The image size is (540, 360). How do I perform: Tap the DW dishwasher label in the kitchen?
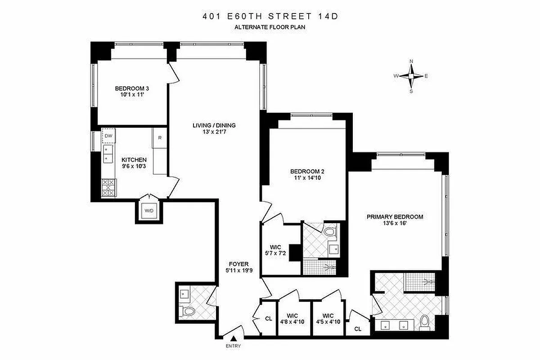tap(108, 135)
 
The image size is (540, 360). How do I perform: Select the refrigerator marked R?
tap(160, 138)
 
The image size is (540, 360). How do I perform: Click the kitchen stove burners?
tap(108, 187)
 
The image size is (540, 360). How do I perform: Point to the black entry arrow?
tap(234, 338)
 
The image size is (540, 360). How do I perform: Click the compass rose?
tap(411, 76)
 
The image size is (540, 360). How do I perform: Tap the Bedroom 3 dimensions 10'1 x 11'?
tap(132, 95)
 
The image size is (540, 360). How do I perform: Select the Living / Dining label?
tap(214, 126)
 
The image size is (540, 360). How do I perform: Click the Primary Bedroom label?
tap(395, 217)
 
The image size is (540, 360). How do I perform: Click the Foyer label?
tap(238, 264)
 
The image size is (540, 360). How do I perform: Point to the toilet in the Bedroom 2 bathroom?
tap(331, 233)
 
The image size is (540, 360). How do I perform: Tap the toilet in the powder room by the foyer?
tap(188, 311)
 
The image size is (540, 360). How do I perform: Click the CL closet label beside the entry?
tap(269, 319)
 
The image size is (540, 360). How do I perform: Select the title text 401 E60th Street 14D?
tap(270, 17)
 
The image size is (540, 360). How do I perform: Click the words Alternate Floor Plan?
tap(270, 27)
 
